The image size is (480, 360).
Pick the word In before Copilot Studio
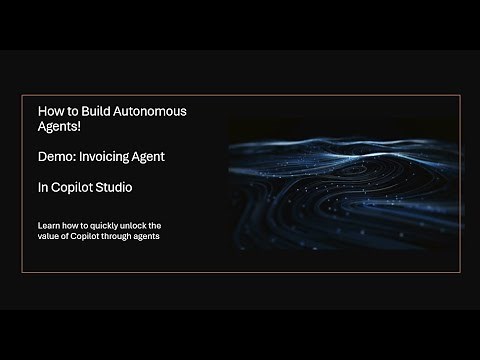[x=41, y=187]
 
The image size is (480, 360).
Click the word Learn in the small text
[x=47, y=225]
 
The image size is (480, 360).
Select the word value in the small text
[x=47, y=236]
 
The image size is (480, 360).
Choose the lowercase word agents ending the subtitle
[x=148, y=236]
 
